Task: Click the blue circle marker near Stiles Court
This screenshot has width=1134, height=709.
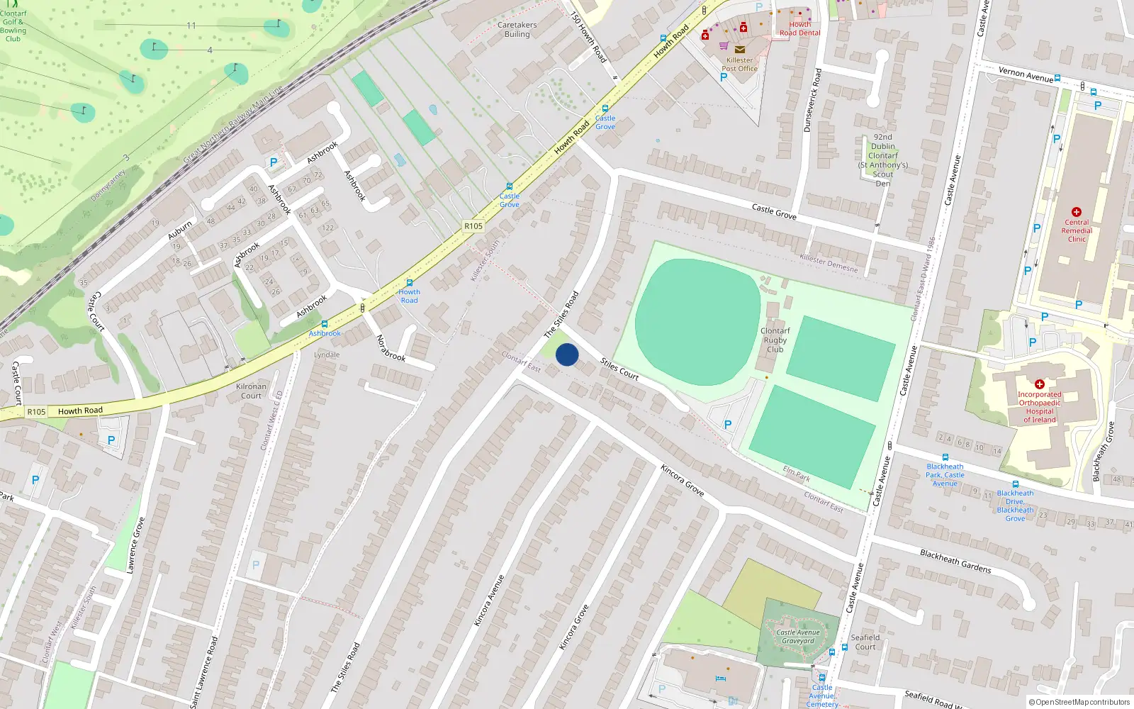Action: tap(567, 354)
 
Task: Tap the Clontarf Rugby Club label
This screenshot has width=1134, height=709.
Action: tap(775, 340)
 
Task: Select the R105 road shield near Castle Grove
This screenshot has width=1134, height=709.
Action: tap(473, 226)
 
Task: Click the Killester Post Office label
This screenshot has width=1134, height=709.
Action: tap(739, 65)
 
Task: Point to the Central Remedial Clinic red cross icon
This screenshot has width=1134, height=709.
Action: tap(1077, 212)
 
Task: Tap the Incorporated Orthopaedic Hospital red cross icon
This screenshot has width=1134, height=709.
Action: tap(1040, 384)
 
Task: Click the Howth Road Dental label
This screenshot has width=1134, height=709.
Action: tap(799, 28)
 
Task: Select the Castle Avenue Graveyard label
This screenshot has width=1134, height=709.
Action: tap(798, 637)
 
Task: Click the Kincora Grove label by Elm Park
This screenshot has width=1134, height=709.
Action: tap(682, 480)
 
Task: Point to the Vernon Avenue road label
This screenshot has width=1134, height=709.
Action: tap(1026, 74)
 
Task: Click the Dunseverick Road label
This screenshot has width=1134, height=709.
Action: tap(812, 100)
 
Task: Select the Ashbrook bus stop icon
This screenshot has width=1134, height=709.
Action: tap(325, 324)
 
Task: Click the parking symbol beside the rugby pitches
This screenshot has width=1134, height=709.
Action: tap(727, 425)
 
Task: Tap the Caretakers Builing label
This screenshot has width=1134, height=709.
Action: tap(517, 29)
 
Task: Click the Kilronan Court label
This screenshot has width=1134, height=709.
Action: tap(252, 391)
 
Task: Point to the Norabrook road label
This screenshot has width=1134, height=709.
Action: tap(391, 347)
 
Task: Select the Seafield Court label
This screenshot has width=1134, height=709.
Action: tap(865, 642)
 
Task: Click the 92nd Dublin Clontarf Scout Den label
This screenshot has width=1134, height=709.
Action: tap(883, 160)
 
